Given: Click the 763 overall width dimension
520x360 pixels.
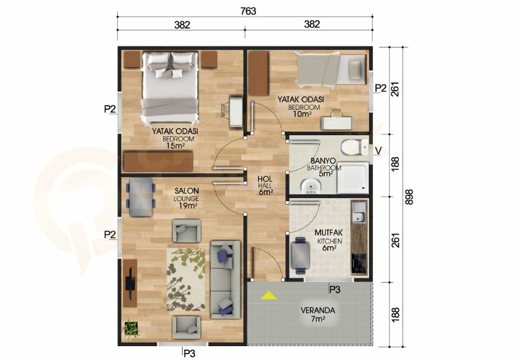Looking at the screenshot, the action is click(248, 12).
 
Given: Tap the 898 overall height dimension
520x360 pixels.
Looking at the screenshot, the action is click(409, 196).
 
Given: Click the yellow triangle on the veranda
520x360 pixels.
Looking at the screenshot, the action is click(269, 295).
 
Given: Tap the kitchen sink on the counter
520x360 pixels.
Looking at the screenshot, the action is click(358, 212).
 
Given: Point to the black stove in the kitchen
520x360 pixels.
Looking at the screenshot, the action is click(359, 263).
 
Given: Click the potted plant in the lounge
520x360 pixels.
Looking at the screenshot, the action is click(131, 328).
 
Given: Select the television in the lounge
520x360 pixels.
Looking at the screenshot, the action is click(129, 283).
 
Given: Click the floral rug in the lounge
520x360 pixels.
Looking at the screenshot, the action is click(185, 279).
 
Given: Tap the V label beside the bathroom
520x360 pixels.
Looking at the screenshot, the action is click(378, 151).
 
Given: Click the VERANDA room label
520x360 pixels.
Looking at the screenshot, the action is click(318, 310).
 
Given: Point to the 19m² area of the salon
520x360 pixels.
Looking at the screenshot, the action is click(186, 206).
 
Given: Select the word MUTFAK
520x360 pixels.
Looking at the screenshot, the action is click(328, 233).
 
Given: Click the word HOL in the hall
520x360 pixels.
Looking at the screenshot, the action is click(265, 179).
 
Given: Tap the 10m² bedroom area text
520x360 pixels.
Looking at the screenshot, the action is click(302, 114).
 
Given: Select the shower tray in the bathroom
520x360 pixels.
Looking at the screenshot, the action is click(353, 177).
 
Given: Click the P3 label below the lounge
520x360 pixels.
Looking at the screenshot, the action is click(189, 354).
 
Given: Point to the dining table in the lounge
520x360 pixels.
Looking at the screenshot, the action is click(140, 198).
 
